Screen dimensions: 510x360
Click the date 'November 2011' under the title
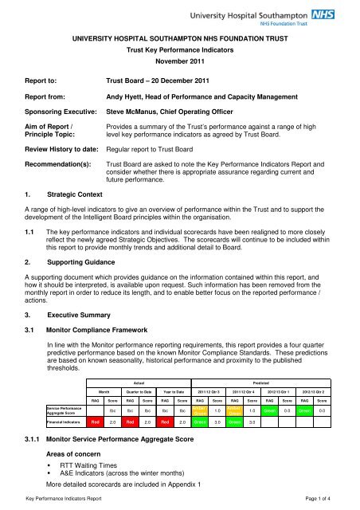[179, 61]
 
